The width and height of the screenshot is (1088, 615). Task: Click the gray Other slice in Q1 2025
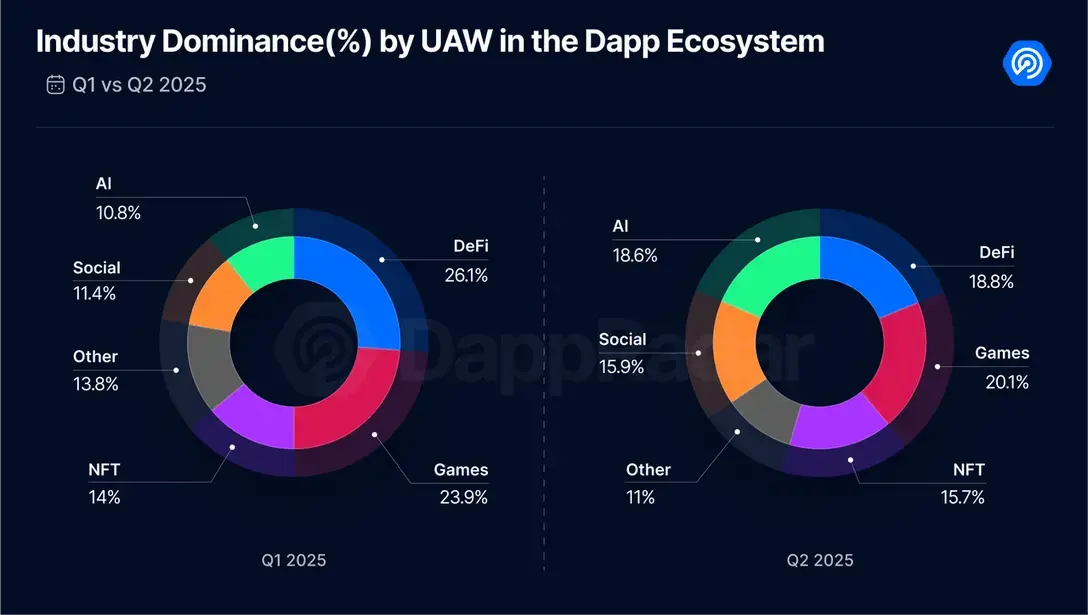[x=208, y=364]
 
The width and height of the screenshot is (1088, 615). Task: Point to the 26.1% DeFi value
[x=466, y=275]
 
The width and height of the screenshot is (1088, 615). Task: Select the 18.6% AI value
[x=635, y=255]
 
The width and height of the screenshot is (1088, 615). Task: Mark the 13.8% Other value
[x=95, y=383]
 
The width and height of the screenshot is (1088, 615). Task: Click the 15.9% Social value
[x=622, y=367]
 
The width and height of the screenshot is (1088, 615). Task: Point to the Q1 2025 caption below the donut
[x=293, y=560]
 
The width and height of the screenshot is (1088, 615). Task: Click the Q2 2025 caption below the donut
[x=820, y=560]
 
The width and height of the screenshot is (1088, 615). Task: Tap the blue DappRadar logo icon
[x=1027, y=63]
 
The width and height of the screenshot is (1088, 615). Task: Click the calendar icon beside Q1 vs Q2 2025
[x=55, y=84]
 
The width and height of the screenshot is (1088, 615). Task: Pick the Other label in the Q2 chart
[x=648, y=470]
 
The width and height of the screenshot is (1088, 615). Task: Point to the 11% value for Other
[x=640, y=496]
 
